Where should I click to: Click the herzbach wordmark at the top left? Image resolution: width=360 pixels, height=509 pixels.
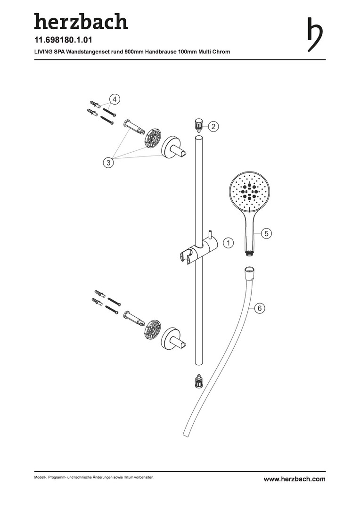81,22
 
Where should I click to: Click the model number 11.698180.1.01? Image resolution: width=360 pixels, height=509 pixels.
63,41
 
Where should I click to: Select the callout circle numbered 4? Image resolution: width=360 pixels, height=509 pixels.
115,99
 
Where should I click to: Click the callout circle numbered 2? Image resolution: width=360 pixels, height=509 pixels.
213,126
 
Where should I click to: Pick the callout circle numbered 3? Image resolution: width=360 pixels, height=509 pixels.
108,163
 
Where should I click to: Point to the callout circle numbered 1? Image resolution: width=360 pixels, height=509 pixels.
228,243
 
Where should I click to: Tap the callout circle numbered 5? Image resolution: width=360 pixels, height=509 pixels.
266,233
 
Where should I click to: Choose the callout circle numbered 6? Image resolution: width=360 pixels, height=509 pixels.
259,308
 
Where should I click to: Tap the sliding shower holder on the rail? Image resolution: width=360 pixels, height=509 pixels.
198,250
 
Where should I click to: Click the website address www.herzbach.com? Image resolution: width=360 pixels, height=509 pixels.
295,479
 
